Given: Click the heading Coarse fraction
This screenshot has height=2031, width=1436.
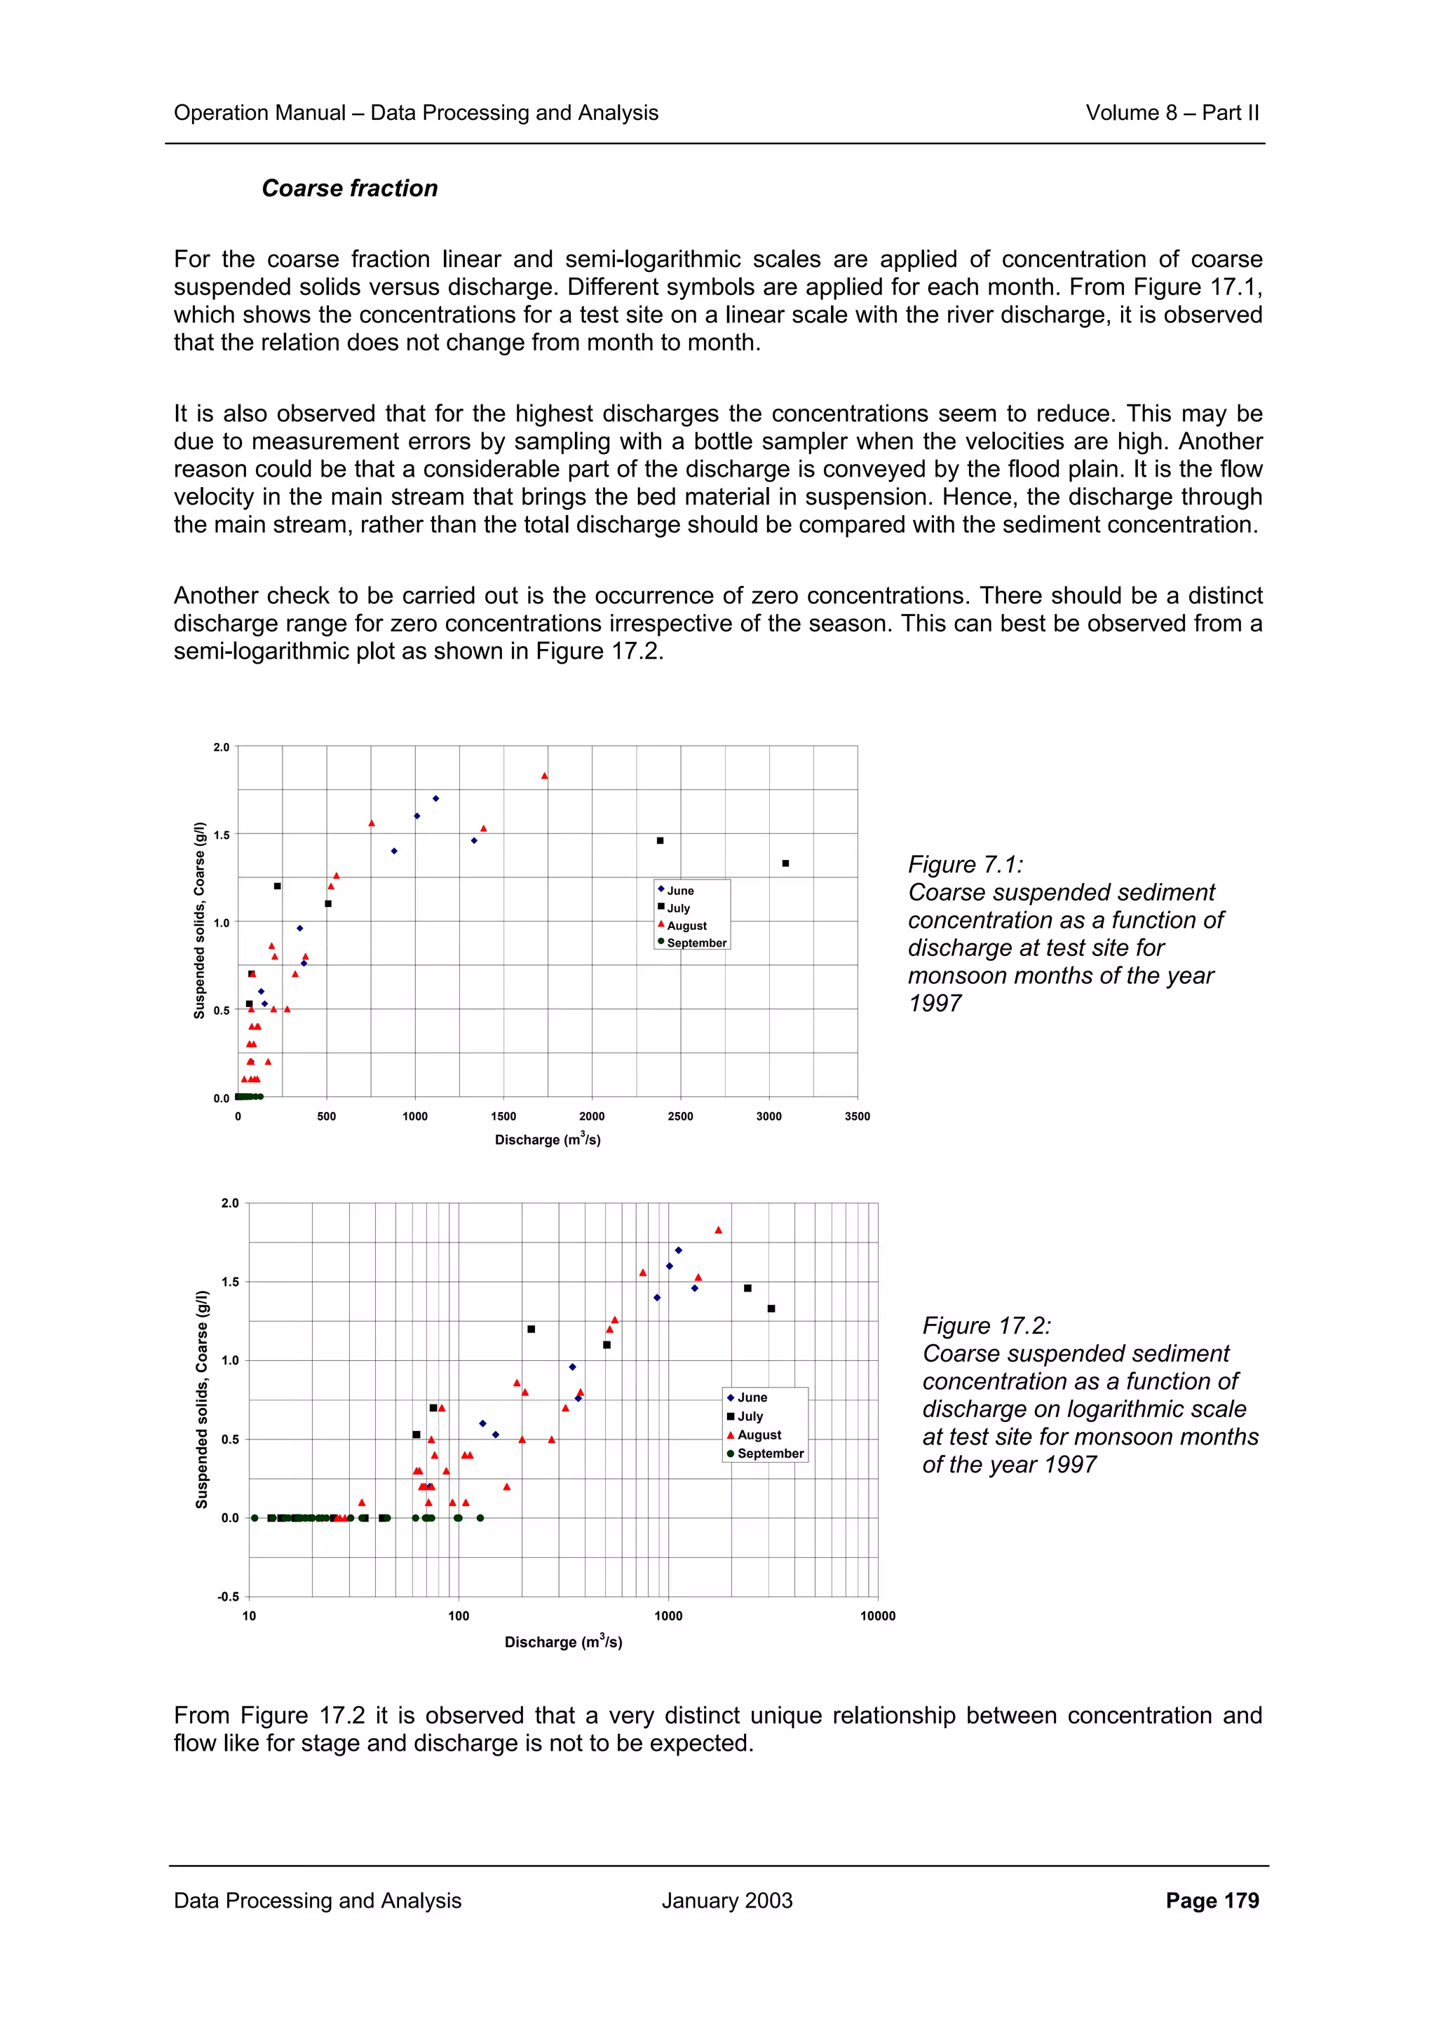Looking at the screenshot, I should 349,189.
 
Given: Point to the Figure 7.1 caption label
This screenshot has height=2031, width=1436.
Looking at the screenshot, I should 964,864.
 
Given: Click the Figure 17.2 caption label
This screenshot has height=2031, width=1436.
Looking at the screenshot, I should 987,1325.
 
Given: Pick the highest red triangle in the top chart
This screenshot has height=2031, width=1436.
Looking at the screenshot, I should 544,776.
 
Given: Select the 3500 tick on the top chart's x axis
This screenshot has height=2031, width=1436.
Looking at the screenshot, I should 856,1116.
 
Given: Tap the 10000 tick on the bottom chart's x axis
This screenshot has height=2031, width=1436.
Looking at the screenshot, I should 877,1616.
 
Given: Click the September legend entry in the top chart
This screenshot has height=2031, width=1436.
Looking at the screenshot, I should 696,943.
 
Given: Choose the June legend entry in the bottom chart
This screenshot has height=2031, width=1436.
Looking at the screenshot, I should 751,1397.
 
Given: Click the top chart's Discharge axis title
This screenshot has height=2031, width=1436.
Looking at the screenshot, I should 547,1140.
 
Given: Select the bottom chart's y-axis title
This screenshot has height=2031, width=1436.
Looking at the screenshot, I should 202,1400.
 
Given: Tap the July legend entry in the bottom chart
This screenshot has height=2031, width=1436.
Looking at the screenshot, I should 750,1416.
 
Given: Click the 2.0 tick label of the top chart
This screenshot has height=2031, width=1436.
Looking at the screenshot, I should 220,748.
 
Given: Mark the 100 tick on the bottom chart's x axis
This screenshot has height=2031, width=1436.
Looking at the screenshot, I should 459,1616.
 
